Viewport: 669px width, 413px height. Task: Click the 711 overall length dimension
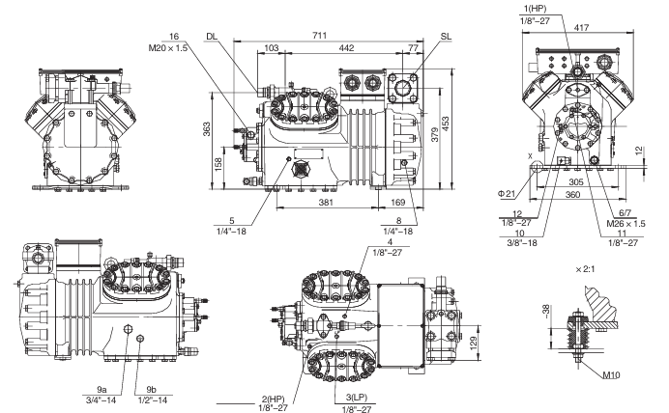(x=319, y=36)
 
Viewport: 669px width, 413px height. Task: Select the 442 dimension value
(x=346, y=48)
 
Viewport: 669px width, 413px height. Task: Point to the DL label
(x=212, y=37)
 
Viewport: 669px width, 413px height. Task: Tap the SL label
(x=446, y=37)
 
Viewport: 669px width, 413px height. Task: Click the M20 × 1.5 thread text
(x=167, y=47)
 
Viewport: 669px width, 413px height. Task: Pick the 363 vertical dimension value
(x=206, y=129)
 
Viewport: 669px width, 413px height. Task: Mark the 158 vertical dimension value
(x=218, y=165)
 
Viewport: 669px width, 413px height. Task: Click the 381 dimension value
(x=326, y=203)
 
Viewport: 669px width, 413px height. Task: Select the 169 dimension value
(x=397, y=203)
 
